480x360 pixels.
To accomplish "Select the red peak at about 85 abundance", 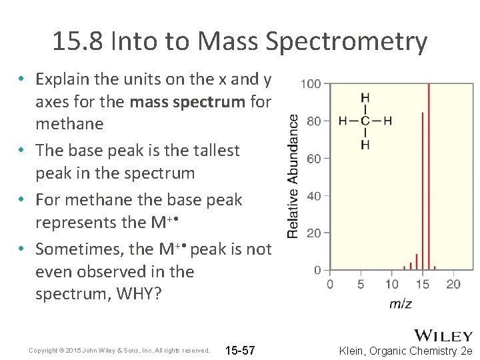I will click(423, 191).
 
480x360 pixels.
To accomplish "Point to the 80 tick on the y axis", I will click(312, 121).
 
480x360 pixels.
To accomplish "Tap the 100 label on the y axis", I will click(311, 84).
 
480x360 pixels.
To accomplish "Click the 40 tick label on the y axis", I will click(312, 196).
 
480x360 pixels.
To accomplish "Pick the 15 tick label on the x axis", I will click(422, 284).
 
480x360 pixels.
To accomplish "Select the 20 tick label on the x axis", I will click(453, 284).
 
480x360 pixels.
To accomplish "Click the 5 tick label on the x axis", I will click(361, 284).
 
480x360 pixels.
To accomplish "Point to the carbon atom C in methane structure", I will click(365, 121).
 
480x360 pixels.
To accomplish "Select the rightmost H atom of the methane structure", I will click(388, 121).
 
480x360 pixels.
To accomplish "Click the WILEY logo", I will click(443, 335).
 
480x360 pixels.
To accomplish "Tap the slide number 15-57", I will click(240, 351).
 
